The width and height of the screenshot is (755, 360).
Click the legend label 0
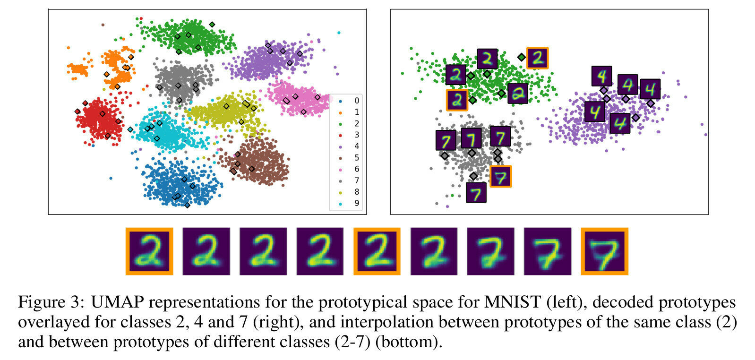tap(356, 101)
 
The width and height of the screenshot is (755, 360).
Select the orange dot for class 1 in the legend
tap(340, 112)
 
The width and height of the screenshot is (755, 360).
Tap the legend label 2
tap(356, 123)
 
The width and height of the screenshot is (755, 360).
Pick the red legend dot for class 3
tap(340, 135)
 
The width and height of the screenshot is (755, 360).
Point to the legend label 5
tap(356, 158)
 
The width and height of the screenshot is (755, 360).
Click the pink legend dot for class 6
tap(340, 169)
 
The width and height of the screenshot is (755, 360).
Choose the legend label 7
tap(356, 180)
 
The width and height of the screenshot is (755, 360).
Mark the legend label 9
tap(356, 203)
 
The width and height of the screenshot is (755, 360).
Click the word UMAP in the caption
tap(118, 302)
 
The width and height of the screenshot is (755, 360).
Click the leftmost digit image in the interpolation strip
tap(149, 251)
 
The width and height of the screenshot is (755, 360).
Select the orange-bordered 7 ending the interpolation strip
tap(604, 251)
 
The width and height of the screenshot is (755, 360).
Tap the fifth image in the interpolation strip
tap(377, 251)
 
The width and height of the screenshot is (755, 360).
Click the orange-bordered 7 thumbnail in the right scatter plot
tap(500, 177)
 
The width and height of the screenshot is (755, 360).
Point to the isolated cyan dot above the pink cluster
tap(339, 33)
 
